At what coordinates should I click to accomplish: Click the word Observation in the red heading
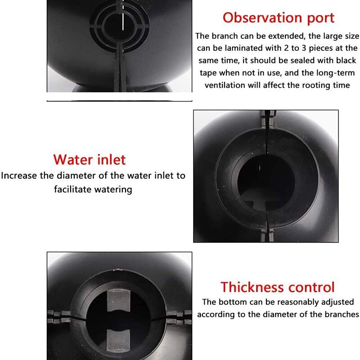[x=261, y=18]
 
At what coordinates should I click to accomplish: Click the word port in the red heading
[x=318, y=18]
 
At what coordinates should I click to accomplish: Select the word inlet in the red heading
[x=111, y=159]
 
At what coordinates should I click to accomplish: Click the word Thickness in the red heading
[x=252, y=287]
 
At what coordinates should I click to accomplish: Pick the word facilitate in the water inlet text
[x=73, y=189]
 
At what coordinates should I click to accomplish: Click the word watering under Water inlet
[x=113, y=189]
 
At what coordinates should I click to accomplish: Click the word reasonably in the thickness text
[x=293, y=302]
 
